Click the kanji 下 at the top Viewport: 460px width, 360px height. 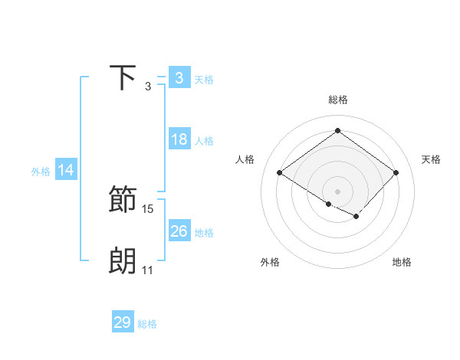(123, 78)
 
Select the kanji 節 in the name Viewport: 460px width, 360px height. (123, 200)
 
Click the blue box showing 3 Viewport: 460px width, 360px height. (179, 78)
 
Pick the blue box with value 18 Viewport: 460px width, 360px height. (179, 139)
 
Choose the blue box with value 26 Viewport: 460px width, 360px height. (179, 231)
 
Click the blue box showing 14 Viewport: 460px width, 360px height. (66, 171)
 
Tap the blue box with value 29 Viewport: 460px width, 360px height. (123, 322)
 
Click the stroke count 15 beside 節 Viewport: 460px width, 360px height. (148, 209)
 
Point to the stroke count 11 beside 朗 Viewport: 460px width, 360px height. (147, 270)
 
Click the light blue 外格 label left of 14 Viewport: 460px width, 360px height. (41, 172)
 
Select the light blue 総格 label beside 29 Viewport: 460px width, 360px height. (147, 324)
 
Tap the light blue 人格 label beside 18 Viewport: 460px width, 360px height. (204, 141)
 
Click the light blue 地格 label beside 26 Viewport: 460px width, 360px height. (204, 233)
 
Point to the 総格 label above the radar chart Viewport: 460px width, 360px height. (337, 100)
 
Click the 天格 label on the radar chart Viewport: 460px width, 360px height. (432, 159)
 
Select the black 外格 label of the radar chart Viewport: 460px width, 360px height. (270, 262)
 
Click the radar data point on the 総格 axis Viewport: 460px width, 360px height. (337, 131)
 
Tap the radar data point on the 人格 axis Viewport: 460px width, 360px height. (280, 173)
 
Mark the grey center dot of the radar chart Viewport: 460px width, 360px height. (337, 191)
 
